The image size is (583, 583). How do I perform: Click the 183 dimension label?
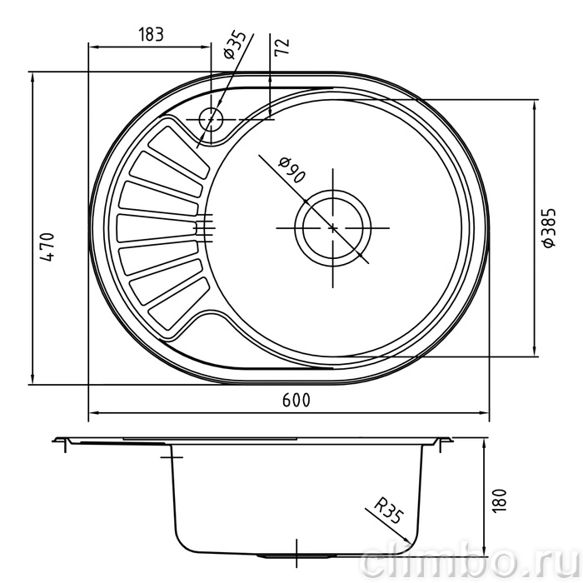(x=151, y=35)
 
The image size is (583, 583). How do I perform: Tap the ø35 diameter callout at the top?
(x=236, y=45)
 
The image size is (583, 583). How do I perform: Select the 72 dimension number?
(x=282, y=47)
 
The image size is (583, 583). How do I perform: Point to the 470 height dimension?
(x=47, y=247)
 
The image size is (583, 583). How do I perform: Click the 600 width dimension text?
(x=296, y=400)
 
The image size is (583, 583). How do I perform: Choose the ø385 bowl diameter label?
(x=549, y=227)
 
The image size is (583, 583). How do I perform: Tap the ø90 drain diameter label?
(x=292, y=171)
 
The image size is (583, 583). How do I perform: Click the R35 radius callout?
(x=389, y=512)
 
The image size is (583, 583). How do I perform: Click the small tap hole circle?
(x=211, y=119)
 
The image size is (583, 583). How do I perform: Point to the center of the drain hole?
(x=333, y=228)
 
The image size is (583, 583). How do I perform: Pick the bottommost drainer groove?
(x=178, y=303)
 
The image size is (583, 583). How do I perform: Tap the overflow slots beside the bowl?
(x=205, y=228)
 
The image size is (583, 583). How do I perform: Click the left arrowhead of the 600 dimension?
(x=94, y=413)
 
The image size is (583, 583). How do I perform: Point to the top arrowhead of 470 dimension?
(x=32, y=77)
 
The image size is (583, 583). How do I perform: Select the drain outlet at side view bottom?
(x=296, y=556)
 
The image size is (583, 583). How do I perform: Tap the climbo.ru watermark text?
(x=471, y=563)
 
